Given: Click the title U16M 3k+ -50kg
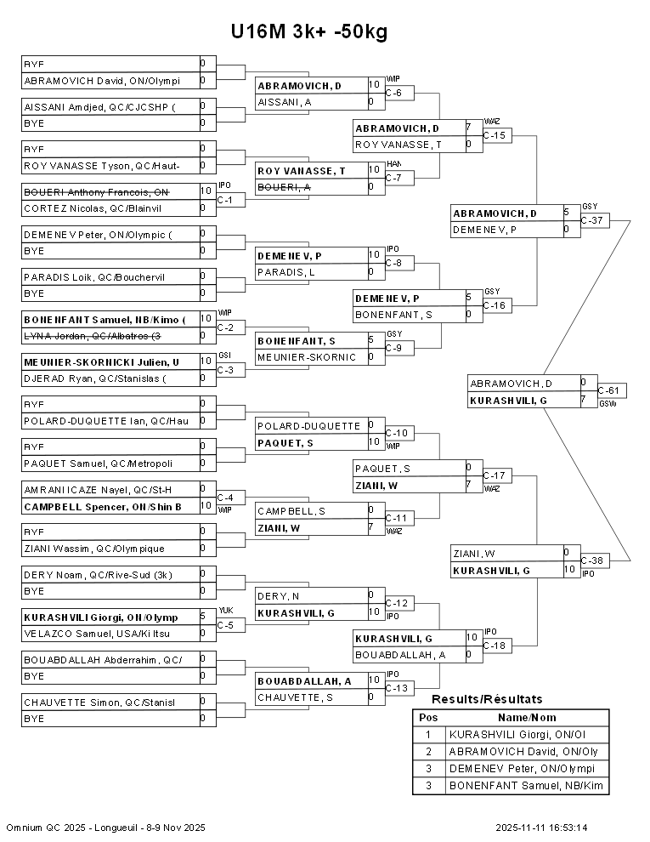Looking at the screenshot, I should [309, 31].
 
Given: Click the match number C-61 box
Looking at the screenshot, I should [611, 390].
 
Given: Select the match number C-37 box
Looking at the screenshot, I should [595, 220].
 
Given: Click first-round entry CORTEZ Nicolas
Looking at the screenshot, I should [93, 208].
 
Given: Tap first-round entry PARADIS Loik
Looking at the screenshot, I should [94, 276].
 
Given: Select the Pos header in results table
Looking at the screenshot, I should [428, 717].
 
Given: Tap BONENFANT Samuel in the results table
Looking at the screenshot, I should [526, 786].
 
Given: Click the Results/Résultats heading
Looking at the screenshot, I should [487, 699].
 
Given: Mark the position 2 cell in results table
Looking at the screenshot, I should [428, 752].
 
